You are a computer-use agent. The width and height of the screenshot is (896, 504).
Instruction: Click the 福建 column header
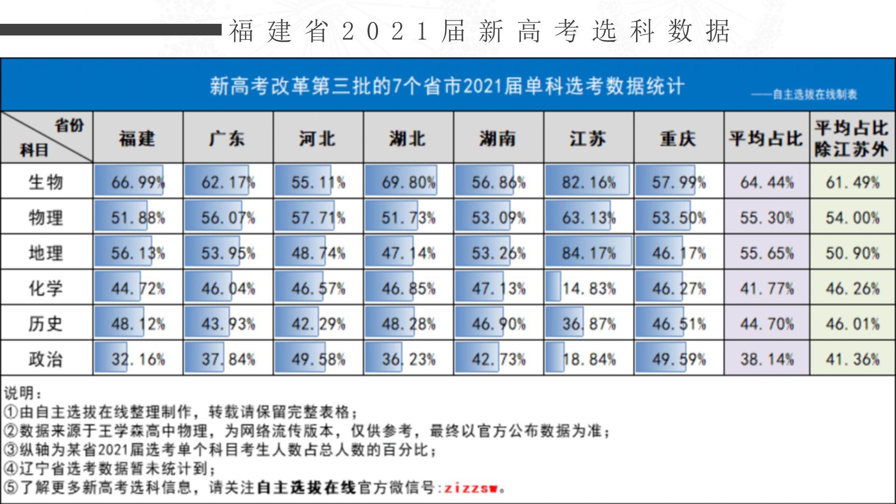tap(137, 138)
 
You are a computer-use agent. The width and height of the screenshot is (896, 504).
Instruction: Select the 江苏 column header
tap(588, 138)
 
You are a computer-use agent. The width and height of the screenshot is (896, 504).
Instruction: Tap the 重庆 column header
tap(678, 138)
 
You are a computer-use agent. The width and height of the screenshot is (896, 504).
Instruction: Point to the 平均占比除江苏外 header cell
tap(852, 138)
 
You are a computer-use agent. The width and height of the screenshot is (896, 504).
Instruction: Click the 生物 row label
tap(46, 182)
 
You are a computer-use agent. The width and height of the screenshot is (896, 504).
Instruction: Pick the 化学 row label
tap(46, 288)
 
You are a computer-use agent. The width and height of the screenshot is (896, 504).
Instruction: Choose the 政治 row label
tap(46, 359)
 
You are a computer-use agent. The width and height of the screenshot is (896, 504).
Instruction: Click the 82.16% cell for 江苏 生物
tap(588, 182)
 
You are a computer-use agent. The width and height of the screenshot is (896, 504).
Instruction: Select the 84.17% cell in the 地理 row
tap(588, 253)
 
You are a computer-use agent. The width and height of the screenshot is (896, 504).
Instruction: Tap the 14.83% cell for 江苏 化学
tap(588, 288)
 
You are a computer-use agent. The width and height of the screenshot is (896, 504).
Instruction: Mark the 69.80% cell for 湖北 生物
tap(408, 182)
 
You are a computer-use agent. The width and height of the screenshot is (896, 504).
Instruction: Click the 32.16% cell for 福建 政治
tap(138, 359)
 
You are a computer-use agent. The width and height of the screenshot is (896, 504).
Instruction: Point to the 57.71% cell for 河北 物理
tap(318, 217)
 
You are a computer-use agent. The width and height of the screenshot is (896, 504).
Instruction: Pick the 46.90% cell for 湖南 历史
tap(498, 324)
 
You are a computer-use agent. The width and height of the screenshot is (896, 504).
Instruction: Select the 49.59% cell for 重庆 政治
tap(679, 359)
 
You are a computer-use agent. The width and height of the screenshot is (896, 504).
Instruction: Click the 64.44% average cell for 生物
tap(766, 182)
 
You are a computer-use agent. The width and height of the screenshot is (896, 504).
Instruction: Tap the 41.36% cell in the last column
tap(852, 359)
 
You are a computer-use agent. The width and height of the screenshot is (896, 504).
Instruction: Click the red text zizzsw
tap(471, 488)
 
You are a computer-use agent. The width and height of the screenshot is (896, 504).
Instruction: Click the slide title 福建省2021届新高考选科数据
tap(479, 32)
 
